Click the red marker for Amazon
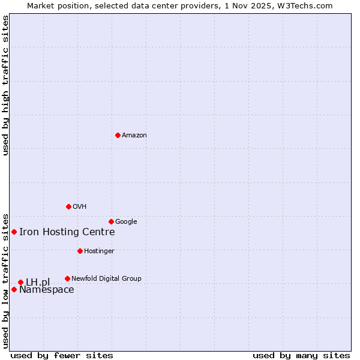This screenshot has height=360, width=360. pyautogui.click(x=118, y=135)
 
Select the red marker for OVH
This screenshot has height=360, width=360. pyautogui.click(x=68, y=206)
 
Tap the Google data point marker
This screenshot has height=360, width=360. pyautogui.click(x=111, y=221)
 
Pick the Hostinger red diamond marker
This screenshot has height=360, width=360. pyautogui.click(x=80, y=251)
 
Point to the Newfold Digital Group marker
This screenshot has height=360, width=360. pyautogui.click(x=67, y=278)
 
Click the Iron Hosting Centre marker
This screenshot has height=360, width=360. pyautogui.click(x=14, y=232)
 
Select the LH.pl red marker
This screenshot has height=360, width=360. pyautogui.click(x=20, y=282)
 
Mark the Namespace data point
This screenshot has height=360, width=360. pyautogui.click(x=14, y=289)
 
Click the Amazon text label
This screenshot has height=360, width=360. pyautogui.click(x=134, y=135)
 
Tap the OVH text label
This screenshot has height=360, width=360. pyautogui.click(x=79, y=206)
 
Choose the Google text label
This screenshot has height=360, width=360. pyautogui.click(x=126, y=221)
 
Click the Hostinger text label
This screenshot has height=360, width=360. pyautogui.click(x=99, y=251)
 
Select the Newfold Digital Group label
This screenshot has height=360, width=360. pyautogui.click(x=106, y=278)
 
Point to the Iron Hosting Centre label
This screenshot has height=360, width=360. pyautogui.click(x=67, y=232)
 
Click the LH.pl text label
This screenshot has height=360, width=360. pyautogui.click(x=38, y=282)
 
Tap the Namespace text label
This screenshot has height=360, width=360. pyautogui.click(x=46, y=290)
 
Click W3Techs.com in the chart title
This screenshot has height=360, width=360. pyautogui.click(x=310, y=5)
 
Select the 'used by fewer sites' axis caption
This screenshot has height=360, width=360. pyautogui.click(x=62, y=355)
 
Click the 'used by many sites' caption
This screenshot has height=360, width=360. pyautogui.click(x=301, y=355)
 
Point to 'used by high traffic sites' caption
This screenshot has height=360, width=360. pyautogui.click(x=5, y=85)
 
